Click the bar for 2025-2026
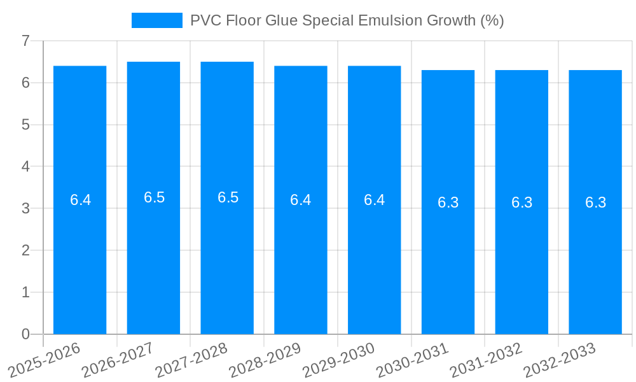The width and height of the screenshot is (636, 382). click(x=79, y=267)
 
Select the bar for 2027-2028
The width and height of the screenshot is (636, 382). click(x=227, y=267)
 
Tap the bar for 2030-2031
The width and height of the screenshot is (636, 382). click(x=448, y=267)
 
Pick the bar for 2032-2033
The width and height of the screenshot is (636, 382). click(x=595, y=267)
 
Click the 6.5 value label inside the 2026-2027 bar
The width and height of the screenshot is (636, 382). click(x=154, y=197)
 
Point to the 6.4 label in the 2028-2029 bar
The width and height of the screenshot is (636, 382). click(x=300, y=200)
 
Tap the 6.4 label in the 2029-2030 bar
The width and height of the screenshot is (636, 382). click(x=374, y=200)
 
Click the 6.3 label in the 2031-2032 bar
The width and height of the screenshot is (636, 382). click(x=522, y=202)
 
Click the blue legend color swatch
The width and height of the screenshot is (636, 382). click(x=156, y=20)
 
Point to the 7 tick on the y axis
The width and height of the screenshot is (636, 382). click(x=25, y=41)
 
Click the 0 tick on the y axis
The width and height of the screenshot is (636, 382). click(x=25, y=334)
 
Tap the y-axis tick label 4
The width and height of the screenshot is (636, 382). click(x=25, y=167)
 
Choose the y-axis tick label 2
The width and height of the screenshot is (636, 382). click(x=25, y=250)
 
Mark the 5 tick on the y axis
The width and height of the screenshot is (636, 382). click(x=25, y=125)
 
